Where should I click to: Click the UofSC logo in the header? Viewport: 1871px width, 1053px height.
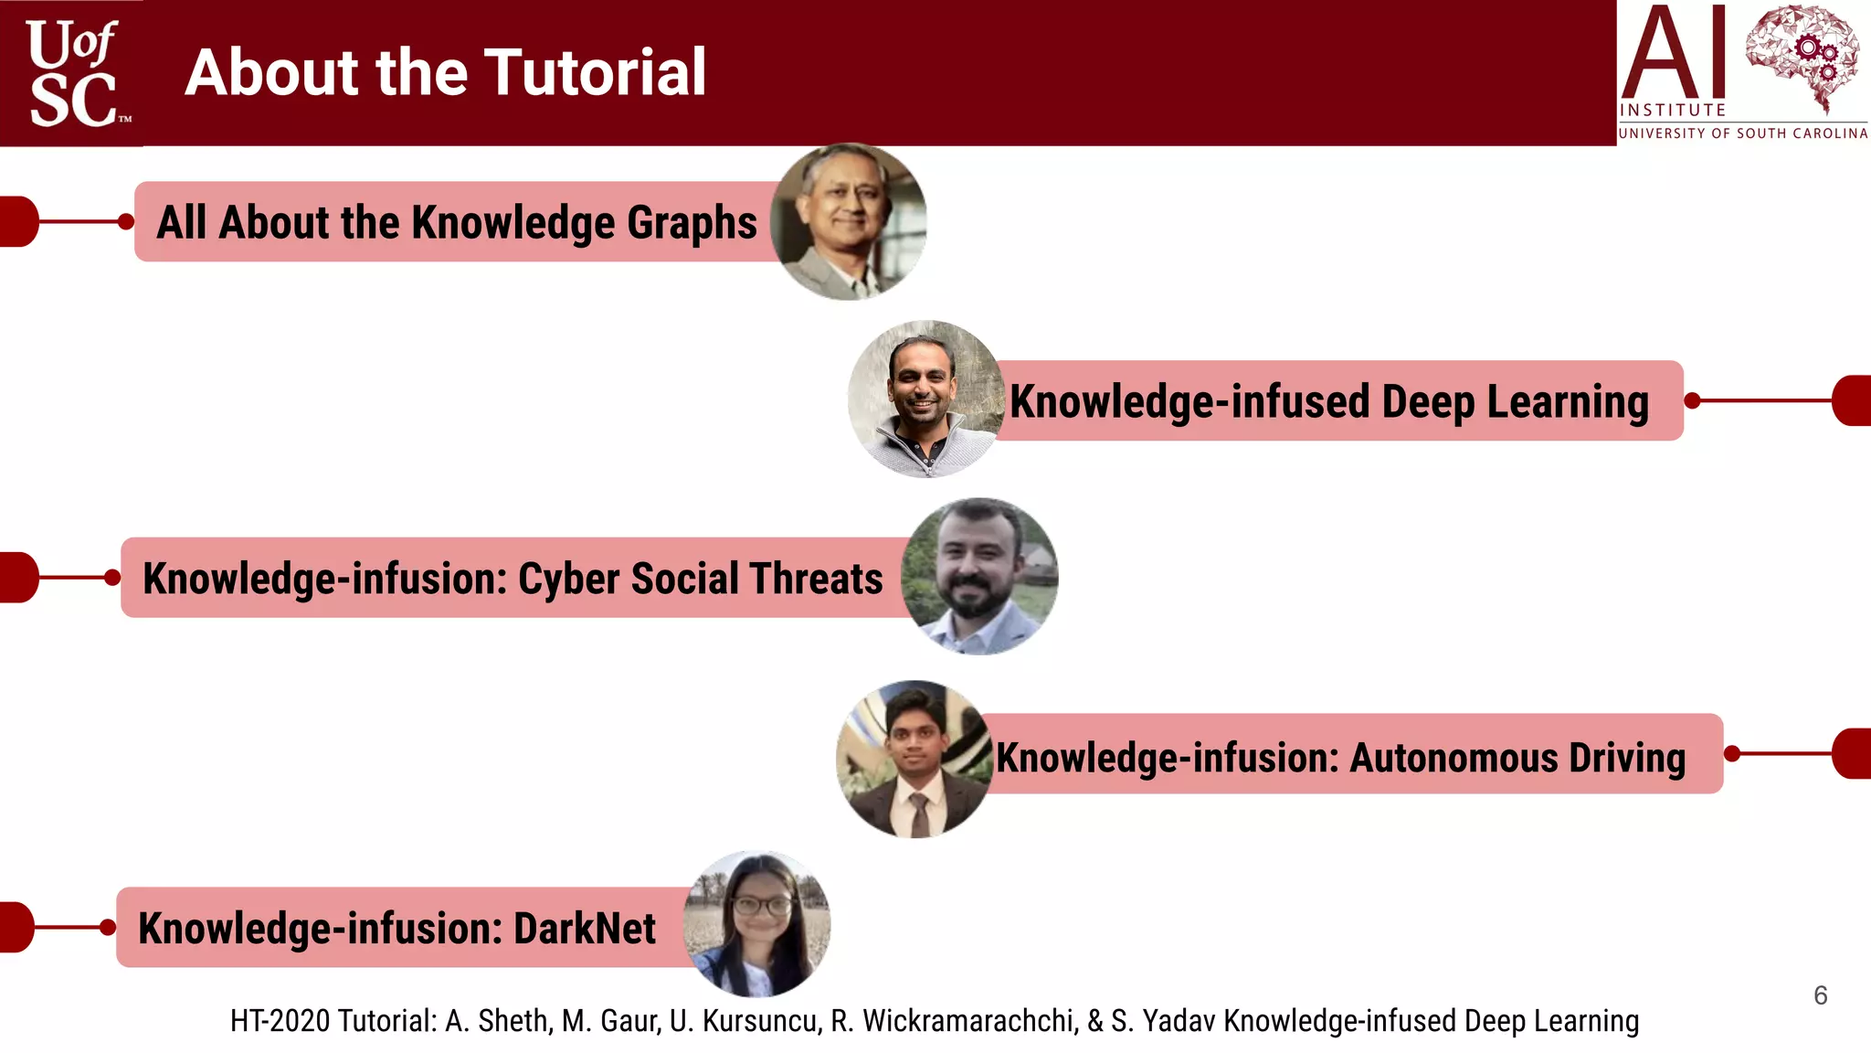pos(73,73)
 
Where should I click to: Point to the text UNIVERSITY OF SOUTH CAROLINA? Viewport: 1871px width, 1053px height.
pos(1743,133)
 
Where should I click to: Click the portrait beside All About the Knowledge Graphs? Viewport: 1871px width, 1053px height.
pos(848,222)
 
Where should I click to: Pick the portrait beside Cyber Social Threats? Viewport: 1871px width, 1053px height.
pos(979,577)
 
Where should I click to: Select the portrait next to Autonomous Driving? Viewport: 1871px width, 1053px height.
pos(914,759)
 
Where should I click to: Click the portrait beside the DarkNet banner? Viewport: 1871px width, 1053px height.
pos(757,924)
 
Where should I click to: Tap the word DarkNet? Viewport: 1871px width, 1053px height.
pos(585,929)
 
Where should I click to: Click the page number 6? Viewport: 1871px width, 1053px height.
pos(1820,995)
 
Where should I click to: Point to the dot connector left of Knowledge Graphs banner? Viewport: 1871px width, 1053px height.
pos(126,221)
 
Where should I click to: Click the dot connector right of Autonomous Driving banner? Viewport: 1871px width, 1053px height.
pos(1732,754)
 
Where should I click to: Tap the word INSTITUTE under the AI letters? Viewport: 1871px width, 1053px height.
pos(1673,110)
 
